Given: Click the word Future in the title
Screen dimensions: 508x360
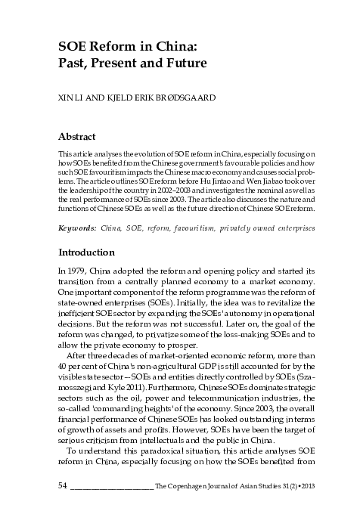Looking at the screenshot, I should pyautogui.click(x=185, y=63).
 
